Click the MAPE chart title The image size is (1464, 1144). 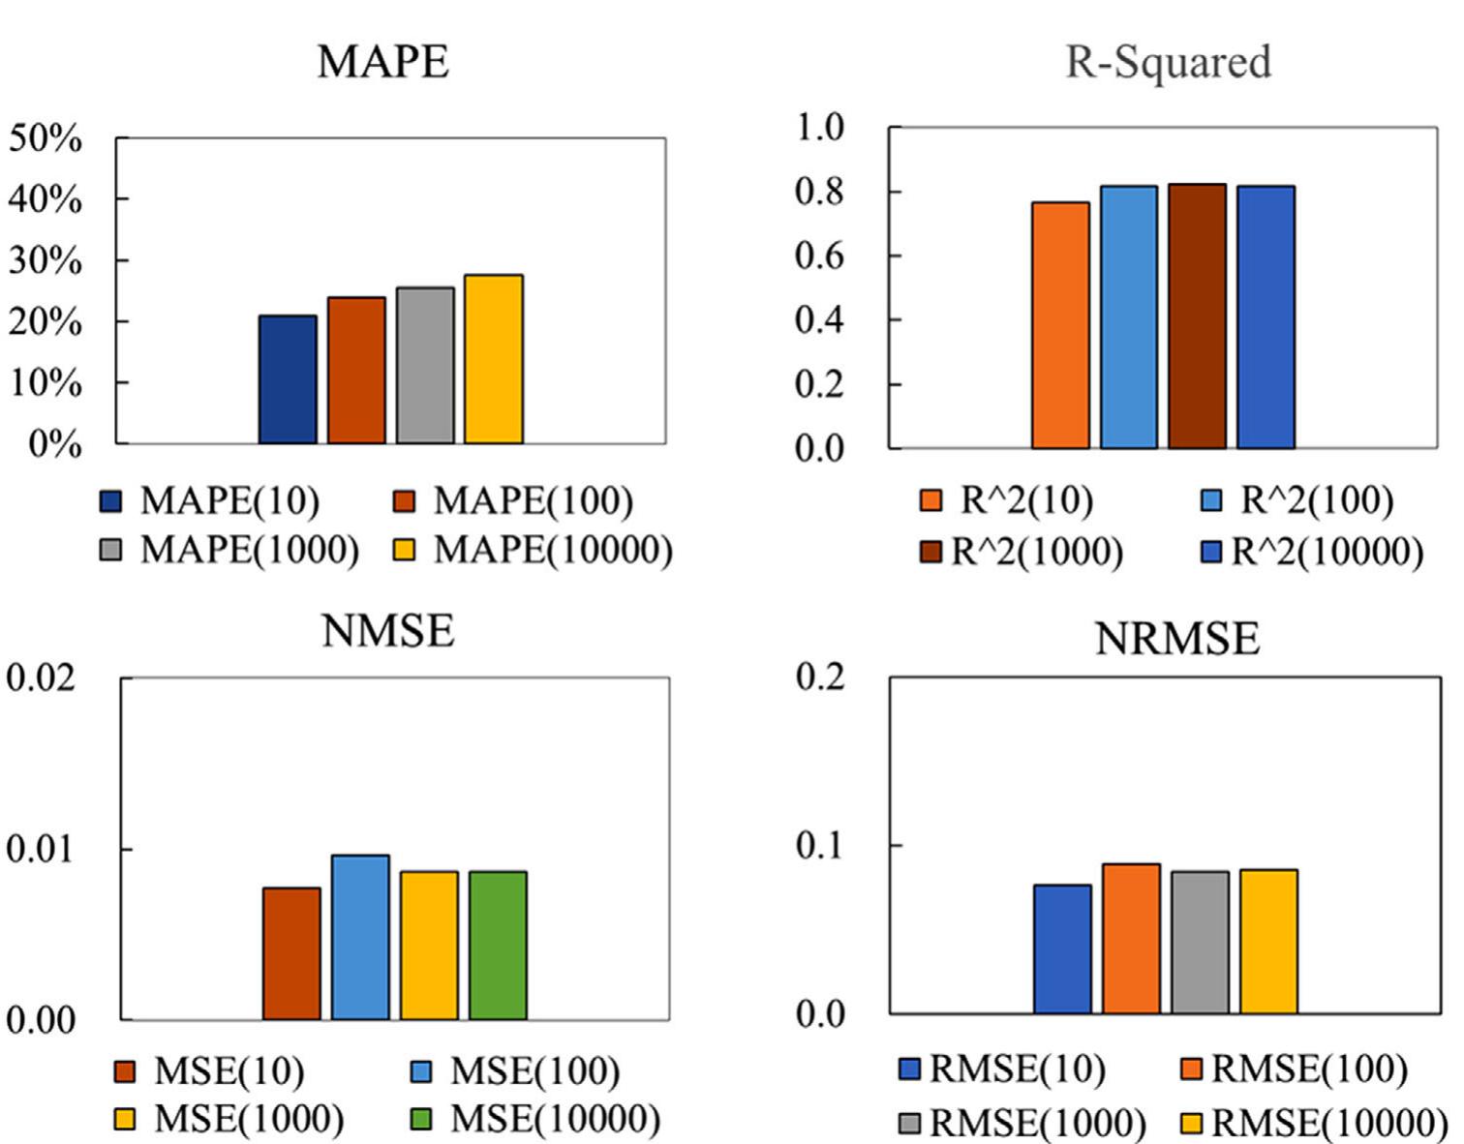tap(382, 62)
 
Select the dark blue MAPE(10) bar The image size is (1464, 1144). tap(288, 379)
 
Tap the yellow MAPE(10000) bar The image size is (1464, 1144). tap(493, 359)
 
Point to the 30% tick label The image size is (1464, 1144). tap(46, 261)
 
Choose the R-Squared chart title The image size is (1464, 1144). tap(1168, 62)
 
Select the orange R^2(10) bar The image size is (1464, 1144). tap(1060, 325)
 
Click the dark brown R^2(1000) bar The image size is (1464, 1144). tap(1197, 316)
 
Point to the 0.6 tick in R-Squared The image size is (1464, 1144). tap(819, 256)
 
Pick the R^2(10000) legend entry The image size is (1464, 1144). tap(1312, 552)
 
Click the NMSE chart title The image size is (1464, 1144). tap(387, 631)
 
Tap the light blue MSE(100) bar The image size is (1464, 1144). tap(360, 937)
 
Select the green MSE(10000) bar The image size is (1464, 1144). tap(498, 946)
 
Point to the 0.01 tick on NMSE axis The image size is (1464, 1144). tap(40, 850)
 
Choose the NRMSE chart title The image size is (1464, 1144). tap(1177, 639)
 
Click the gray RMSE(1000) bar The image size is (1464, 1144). tap(1200, 943)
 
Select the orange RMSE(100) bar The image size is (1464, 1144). tap(1131, 939)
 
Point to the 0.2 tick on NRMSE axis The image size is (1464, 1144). tap(821, 677)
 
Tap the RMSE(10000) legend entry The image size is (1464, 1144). tap(1315, 1123)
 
